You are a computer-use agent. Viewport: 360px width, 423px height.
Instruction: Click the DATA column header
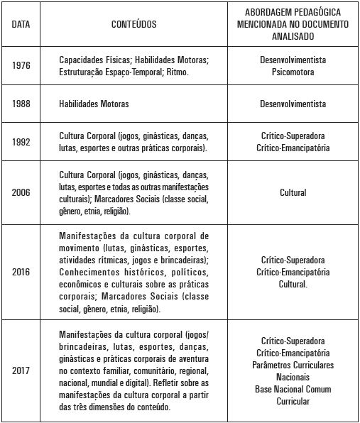pos(21,23)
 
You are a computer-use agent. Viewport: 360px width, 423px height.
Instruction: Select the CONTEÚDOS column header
pos(134,23)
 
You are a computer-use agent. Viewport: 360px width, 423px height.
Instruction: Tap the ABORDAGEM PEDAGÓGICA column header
pos(293,23)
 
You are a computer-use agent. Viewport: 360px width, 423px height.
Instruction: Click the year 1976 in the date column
pos(21,66)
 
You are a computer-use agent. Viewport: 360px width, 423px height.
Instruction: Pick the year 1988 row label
pos(21,104)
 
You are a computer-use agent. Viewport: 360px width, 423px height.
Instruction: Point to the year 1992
pos(21,142)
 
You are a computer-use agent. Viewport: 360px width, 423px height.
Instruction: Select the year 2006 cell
pos(21,192)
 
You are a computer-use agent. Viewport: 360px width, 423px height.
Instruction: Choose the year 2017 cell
pos(21,370)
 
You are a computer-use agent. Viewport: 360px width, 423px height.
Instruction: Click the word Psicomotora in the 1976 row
pos(293,72)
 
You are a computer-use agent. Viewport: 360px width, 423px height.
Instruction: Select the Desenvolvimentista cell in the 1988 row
pos(293,104)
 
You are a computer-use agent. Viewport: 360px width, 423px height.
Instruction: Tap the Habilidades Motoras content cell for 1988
pos(94,104)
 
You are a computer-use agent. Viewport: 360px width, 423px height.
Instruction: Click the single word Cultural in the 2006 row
pos(293,192)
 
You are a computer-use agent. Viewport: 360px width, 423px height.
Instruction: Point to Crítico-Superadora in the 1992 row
pos(293,136)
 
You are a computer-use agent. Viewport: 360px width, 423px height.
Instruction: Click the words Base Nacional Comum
pos(293,390)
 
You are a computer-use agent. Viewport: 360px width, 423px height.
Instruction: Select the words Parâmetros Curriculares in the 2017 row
pos(293,365)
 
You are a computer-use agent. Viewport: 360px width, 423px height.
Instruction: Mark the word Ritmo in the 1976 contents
pos(195,72)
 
